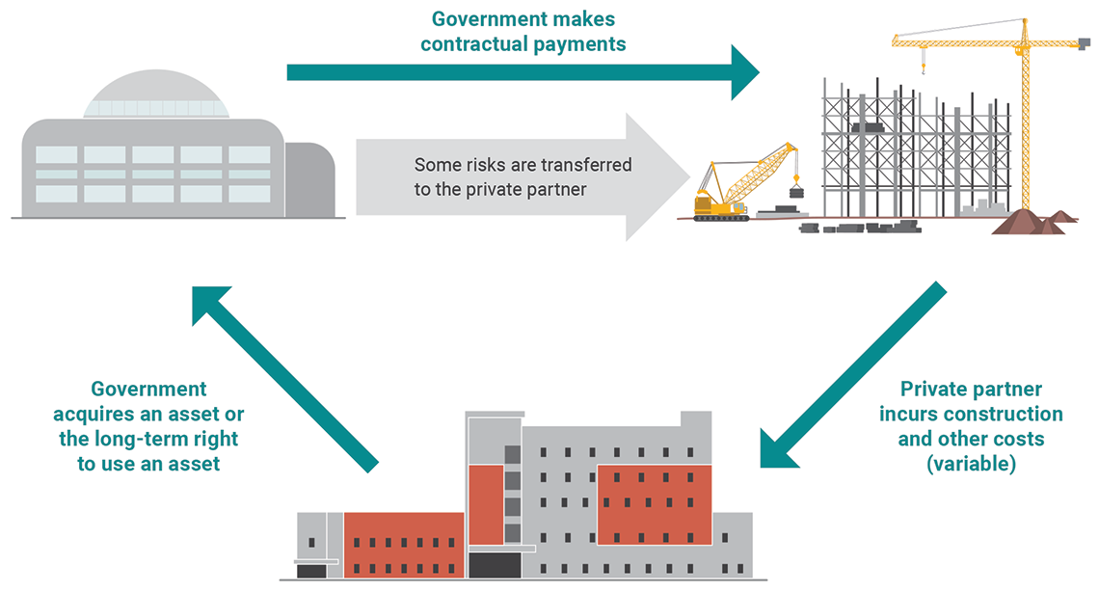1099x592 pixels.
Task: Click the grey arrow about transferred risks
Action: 521,177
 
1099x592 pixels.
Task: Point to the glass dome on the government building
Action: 157,94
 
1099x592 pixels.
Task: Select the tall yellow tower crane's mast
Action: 1024,125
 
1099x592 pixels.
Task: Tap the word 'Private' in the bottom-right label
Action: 936,390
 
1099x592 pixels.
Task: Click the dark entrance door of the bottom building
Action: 494,565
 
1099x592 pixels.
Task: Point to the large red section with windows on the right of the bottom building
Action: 654,503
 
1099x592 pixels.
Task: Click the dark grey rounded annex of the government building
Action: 309,179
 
